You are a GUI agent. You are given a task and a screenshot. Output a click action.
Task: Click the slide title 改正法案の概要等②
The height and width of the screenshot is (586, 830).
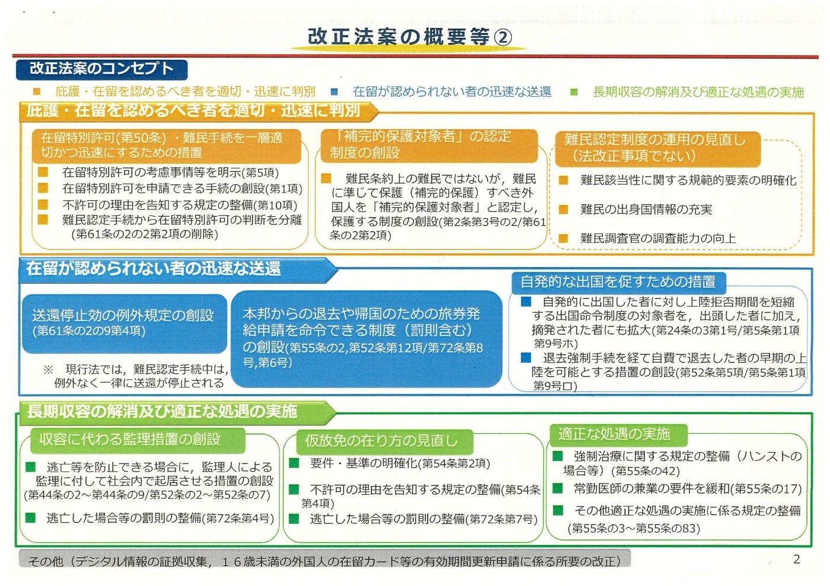coord(410,37)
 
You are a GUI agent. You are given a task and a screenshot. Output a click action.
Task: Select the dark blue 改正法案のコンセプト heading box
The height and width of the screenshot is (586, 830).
coord(102,69)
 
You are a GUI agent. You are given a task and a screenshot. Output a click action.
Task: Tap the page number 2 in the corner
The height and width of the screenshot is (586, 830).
coord(797,559)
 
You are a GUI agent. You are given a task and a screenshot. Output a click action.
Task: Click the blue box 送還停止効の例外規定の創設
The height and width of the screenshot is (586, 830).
coord(124,324)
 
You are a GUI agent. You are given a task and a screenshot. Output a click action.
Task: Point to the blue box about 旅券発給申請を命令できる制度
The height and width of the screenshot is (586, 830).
coord(366,338)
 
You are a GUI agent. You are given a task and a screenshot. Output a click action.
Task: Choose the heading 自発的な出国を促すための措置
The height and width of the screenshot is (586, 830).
coord(618,282)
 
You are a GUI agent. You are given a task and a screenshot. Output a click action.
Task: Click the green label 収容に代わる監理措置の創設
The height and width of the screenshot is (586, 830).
coord(138,440)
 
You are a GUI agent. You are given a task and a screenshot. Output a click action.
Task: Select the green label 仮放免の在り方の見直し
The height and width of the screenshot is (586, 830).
coord(385,441)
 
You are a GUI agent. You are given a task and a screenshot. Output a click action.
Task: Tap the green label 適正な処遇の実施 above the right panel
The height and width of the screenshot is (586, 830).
coord(618,434)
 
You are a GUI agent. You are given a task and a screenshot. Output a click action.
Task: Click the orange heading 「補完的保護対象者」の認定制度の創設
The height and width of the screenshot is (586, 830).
coord(429,145)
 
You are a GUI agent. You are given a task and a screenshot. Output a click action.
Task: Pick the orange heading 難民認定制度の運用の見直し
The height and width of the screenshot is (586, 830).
coord(657,148)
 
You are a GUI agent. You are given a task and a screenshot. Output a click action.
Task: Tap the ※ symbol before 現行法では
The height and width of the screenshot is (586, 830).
coord(49,369)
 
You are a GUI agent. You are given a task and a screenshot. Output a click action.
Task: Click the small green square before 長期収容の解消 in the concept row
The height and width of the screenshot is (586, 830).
coord(574,92)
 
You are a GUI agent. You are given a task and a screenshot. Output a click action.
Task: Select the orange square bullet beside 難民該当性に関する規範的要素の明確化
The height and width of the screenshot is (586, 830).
coord(563,180)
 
